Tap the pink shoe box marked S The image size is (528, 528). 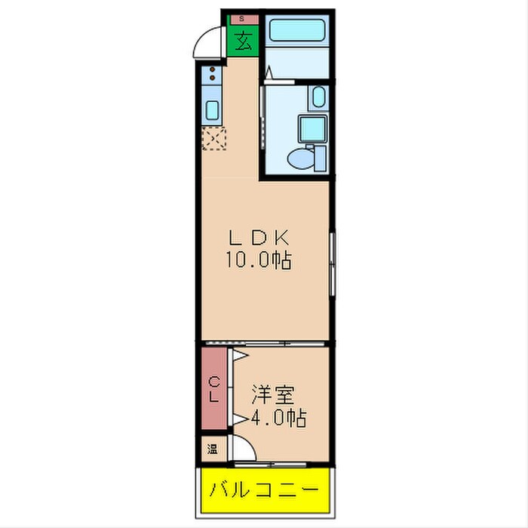(241, 17)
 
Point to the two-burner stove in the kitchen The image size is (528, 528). (213, 75)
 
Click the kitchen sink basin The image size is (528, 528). (213, 109)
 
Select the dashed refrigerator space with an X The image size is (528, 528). (213, 139)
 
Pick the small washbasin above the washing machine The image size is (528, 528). (318, 97)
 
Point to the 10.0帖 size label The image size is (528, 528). (258, 261)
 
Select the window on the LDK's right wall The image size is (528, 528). (332, 263)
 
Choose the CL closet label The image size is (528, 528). (214, 389)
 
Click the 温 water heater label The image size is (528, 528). (213, 450)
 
